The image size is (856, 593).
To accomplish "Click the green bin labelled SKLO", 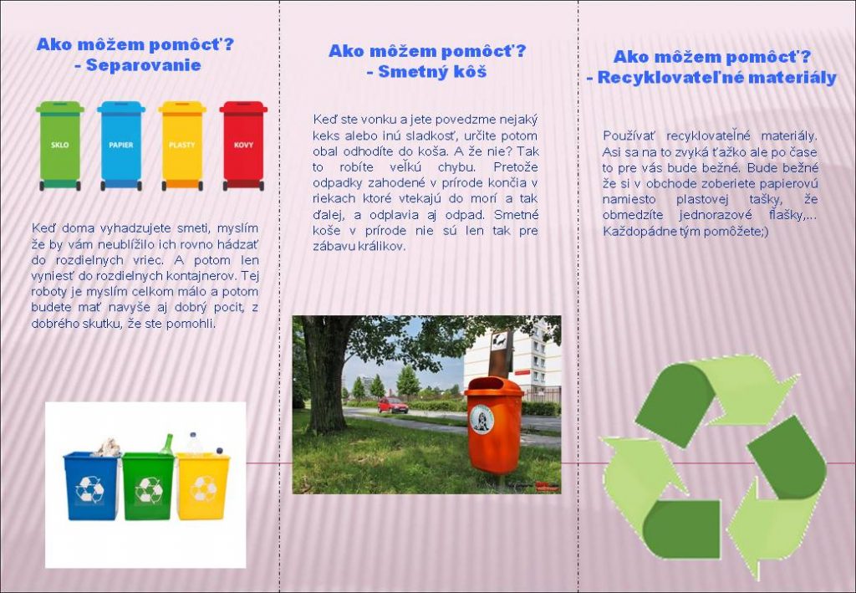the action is pos(60,146).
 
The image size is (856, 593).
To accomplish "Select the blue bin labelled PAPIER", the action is pos(121,146).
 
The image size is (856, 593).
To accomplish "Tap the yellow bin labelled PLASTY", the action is pos(182,146).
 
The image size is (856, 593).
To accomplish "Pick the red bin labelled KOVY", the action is pos(243,146).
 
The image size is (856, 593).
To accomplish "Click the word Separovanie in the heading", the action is pos(144,65).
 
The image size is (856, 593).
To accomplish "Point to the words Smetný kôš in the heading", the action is pos(432,72).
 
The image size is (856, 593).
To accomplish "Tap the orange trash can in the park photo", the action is pos(494,426).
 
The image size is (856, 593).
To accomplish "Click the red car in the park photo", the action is pos(393,405).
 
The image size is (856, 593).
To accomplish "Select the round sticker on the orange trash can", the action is pos(481,419).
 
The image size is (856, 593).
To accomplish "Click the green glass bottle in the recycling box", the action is pos(166,444).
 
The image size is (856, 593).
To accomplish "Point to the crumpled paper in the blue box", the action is pos(108,447).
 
